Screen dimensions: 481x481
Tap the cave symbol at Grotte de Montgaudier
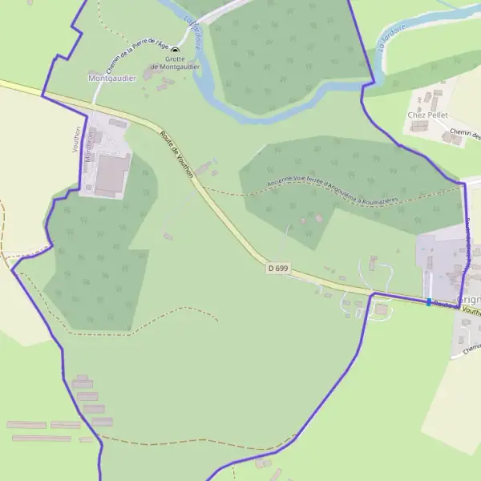(175, 51)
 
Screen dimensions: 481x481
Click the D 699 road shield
(278, 268)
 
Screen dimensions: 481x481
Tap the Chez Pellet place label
(427, 115)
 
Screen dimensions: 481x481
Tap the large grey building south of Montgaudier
(111, 174)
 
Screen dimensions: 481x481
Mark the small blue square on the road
(429, 302)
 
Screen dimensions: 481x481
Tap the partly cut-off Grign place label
(468, 300)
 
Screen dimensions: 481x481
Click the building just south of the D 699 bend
(381, 309)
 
